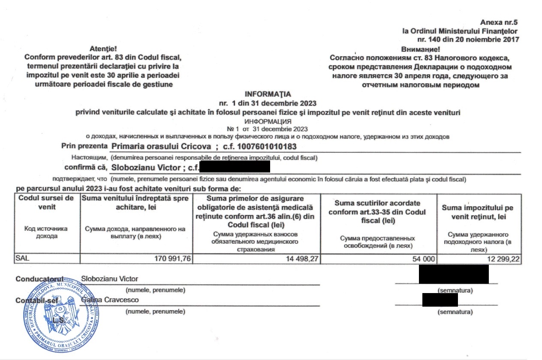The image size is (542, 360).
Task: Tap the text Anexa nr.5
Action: point(500,22)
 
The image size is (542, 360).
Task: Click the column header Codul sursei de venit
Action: point(46,202)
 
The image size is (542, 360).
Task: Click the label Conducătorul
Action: point(39,279)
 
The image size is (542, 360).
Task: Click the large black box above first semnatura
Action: point(454,274)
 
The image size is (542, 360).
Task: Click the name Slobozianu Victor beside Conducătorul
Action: point(110,279)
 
